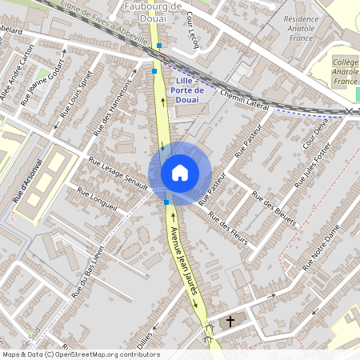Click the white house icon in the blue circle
(x=180, y=173)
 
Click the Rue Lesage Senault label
(x=118, y=173)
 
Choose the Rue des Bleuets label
(x=274, y=208)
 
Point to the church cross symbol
(x=230, y=322)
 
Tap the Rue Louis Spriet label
(x=73, y=98)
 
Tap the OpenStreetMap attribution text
(x=80, y=354)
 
